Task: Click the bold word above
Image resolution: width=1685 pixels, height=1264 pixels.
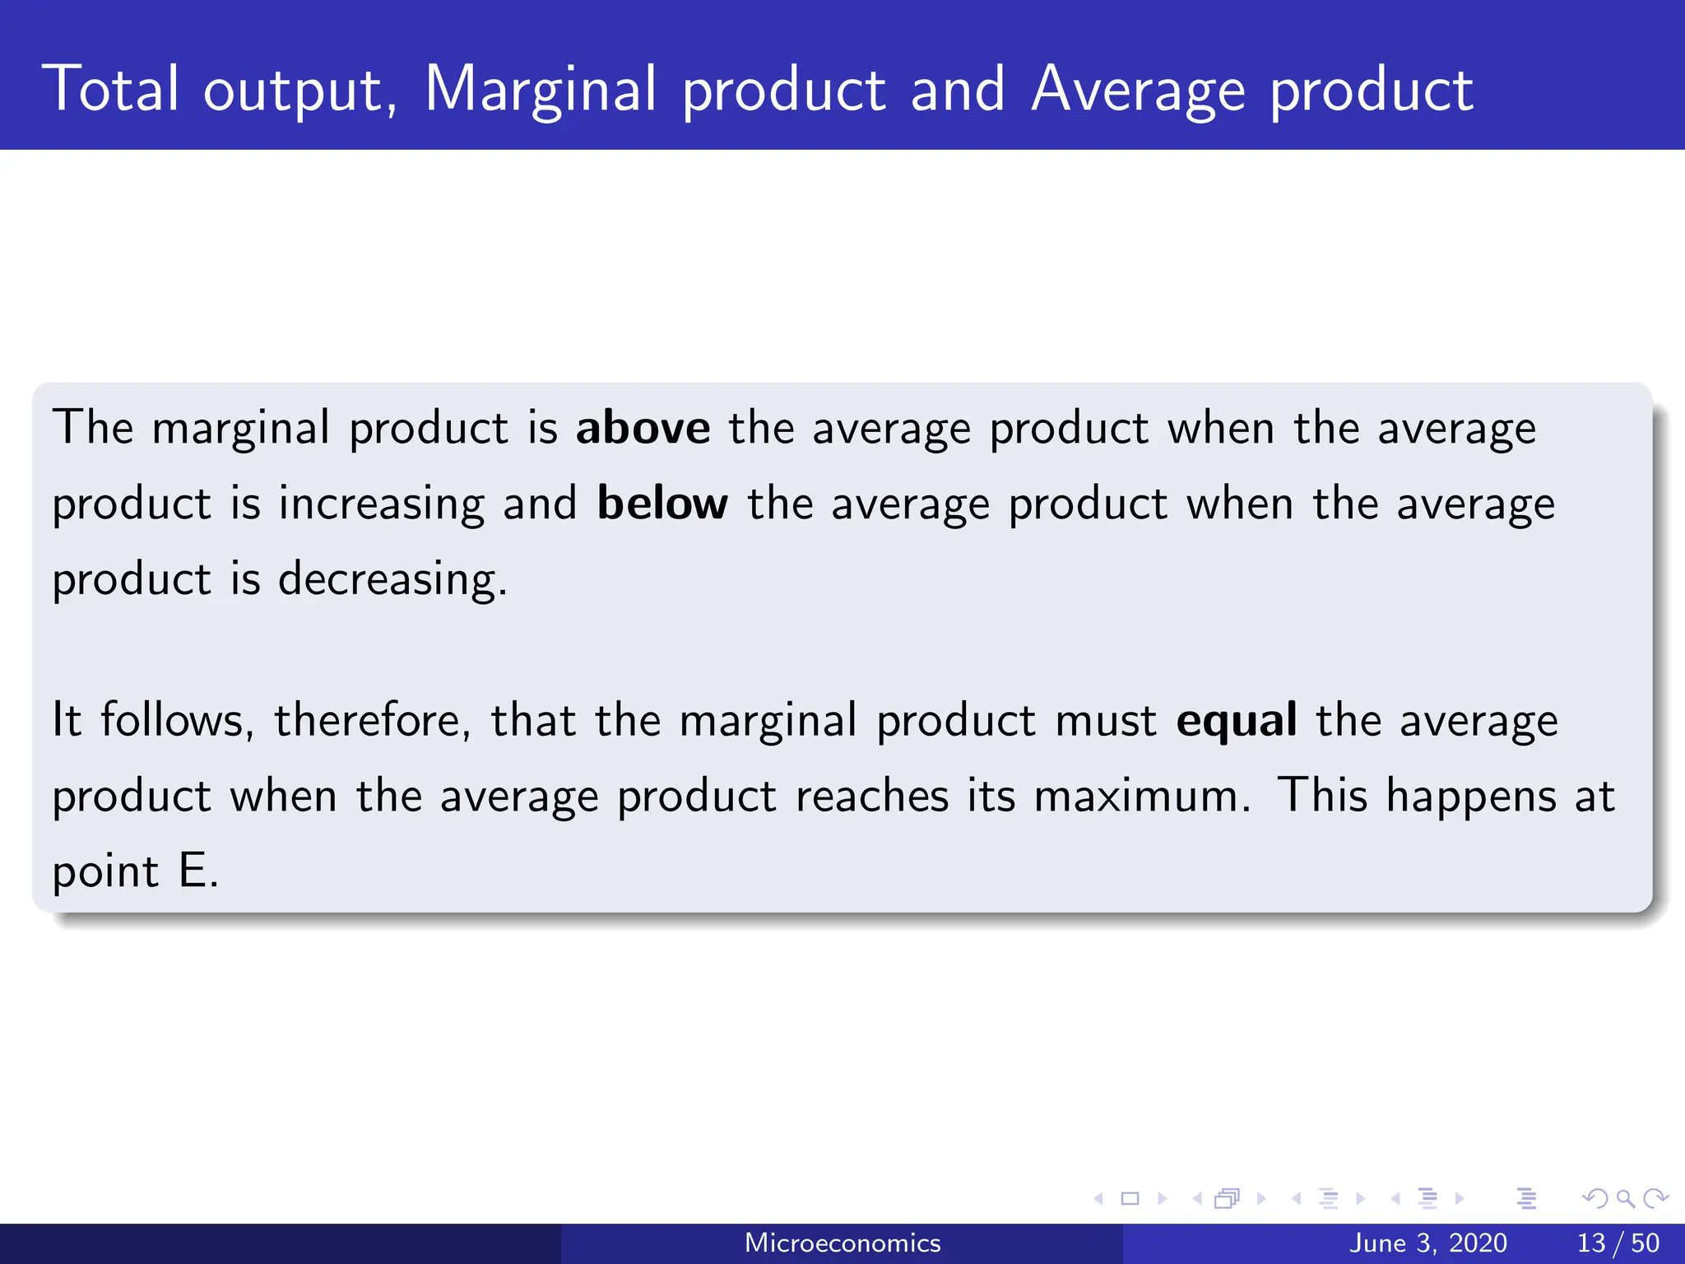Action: (x=643, y=429)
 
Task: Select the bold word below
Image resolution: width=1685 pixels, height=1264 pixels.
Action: (x=662, y=504)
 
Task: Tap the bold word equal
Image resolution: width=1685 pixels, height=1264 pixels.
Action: (x=1237, y=721)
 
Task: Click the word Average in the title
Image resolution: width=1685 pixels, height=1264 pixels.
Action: (x=1138, y=91)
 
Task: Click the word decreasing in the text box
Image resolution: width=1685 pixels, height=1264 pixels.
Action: (x=391, y=580)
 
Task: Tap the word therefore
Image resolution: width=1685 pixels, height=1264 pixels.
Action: (x=372, y=721)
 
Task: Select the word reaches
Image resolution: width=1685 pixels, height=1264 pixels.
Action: (x=872, y=797)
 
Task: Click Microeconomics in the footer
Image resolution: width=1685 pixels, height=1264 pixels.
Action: (x=842, y=1243)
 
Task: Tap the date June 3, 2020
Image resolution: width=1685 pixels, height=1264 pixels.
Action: (x=1427, y=1243)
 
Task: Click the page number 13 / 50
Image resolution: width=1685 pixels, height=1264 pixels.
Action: (x=1618, y=1243)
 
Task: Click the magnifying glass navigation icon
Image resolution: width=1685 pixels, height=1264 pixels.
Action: (x=1625, y=1199)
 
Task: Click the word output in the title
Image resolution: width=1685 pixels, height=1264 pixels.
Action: (x=299, y=91)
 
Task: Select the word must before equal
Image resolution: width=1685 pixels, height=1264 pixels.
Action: (x=1106, y=721)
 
